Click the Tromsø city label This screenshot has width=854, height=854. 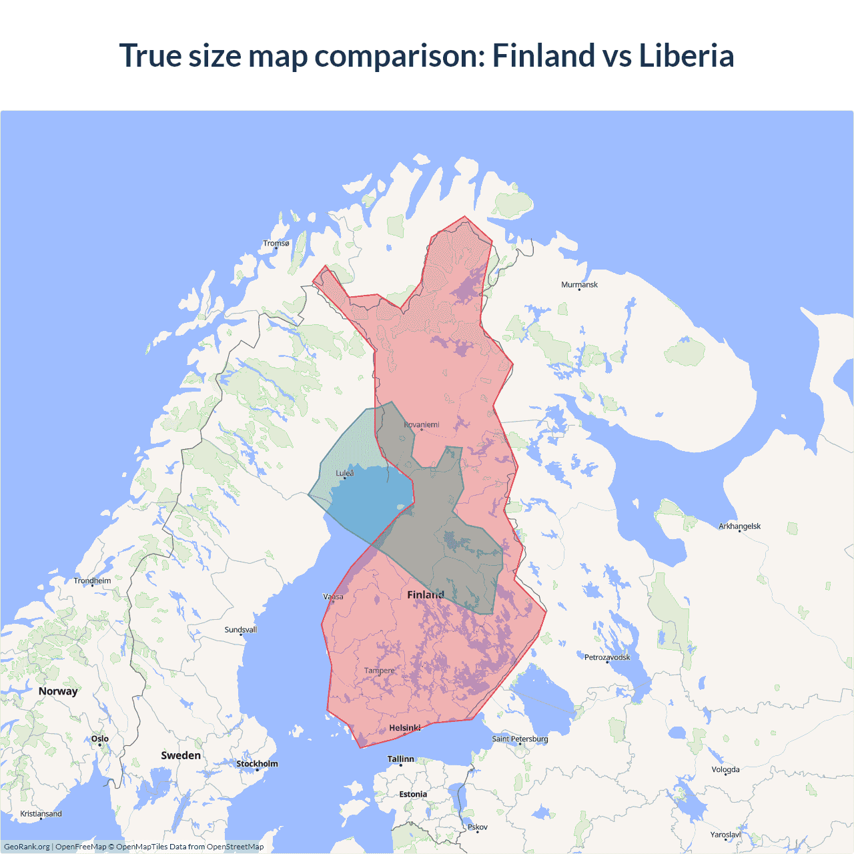tap(276, 244)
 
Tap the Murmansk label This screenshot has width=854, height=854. tap(579, 285)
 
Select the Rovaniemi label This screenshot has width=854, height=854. tap(422, 424)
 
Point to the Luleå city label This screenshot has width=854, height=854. tap(345, 473)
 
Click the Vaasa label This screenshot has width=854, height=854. tap(333, 596)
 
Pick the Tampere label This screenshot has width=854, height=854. tap(380, 671)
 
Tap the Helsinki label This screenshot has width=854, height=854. tap(405, 728)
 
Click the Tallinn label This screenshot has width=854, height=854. tap(401, 759)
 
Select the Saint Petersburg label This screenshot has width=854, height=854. tap(520, 739)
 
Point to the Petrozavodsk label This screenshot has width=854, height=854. tap(607, 657)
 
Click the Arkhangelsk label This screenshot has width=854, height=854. tap(739, 526)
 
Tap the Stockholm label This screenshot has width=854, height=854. tap(257, 764)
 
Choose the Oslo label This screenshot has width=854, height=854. tap(100, 739)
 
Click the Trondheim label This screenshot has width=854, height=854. tap(92, 580)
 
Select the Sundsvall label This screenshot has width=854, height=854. tap(240, 630)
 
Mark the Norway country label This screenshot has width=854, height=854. tap(58, 691)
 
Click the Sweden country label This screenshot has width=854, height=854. tap(181, 755)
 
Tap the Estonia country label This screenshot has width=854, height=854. tap(413, 794)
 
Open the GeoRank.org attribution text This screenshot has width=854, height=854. tap(27, 847)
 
